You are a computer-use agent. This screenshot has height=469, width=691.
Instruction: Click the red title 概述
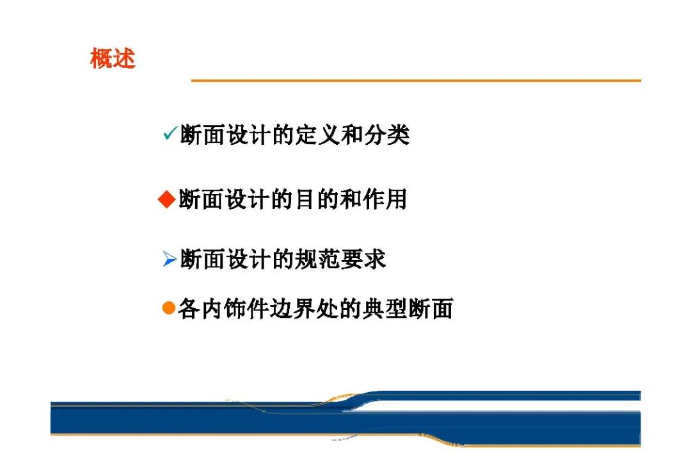pyautogui.click(x=113, y=58)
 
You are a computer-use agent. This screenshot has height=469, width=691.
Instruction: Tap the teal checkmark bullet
pyautogui.click(x=170, y=133)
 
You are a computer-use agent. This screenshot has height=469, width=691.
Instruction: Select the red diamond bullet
pyautogui.click(x=167, y=199)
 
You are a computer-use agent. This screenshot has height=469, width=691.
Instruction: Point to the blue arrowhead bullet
pyautogui.click(x=170, y=259)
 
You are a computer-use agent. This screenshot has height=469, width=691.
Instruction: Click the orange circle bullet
pyautogui.click(x=169, y=308)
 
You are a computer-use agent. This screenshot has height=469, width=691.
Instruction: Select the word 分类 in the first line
pyautogui.click(x=387, y=135)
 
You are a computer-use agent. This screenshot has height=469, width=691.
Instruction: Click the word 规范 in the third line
pyautogui.click(x=317, y=259)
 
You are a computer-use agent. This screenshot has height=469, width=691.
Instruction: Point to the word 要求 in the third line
pyautogui.click(x=363, y=259)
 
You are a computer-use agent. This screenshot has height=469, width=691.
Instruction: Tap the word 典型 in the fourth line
pyautogui.click(x=385, y=308)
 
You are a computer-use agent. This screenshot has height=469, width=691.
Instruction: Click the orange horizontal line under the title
pyautogui.click(x=416, y=81)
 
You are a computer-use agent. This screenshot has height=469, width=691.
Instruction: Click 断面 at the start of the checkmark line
pyautogui.click(x=203, y=135)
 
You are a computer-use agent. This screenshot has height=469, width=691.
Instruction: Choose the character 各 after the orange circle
pyautogui.click(x=189, y=308)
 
